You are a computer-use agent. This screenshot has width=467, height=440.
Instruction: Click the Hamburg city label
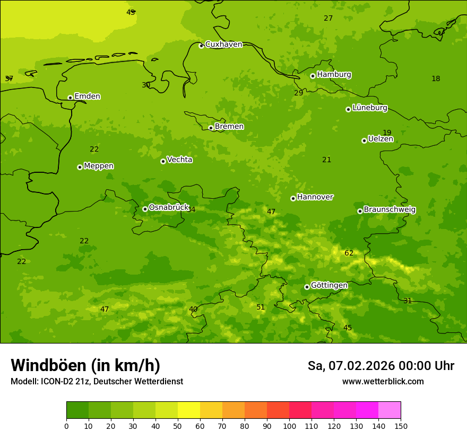coord(334,75)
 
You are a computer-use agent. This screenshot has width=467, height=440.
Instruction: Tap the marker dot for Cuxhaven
coord(201,46)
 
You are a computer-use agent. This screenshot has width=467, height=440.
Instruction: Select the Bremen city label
coord(229,127)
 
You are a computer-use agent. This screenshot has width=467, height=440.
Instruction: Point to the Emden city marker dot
coord(70,98)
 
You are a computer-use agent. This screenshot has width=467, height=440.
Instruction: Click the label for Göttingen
coord(329,285)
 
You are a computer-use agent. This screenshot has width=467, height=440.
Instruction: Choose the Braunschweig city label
coord(390,210)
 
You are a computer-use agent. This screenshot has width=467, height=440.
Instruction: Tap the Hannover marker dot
coord(293,199)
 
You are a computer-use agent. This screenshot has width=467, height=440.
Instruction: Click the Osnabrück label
coord(169,207)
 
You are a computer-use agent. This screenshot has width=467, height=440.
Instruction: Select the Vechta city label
coord(179,160)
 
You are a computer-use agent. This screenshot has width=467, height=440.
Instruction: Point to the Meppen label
coord(99,166)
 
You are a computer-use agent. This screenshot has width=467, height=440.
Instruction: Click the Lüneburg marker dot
coord(348,110)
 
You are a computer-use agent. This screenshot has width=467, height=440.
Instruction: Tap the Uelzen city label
coord(380,139)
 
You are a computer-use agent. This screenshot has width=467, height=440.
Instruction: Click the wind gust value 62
coord(349,253)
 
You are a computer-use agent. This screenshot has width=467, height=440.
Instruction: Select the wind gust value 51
coord(261,307)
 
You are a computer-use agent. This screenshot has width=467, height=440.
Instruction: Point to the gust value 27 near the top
coord(328,19)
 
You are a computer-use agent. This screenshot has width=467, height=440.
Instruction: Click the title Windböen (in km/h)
coord(85,365)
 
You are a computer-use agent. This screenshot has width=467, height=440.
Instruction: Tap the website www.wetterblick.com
coord(383,382)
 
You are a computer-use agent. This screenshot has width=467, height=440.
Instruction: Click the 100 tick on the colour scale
coord(289,426)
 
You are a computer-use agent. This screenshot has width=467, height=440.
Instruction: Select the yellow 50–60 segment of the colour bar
coord(189,410)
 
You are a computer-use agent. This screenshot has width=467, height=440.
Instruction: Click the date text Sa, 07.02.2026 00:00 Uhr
coord(380,366)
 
